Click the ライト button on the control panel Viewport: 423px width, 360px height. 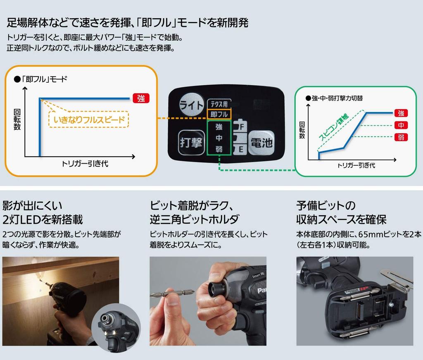[191, 105]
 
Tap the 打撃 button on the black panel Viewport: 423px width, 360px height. [191, 143]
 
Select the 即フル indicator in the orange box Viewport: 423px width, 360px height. [219, 114]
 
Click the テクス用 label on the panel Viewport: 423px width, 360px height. [219, 105]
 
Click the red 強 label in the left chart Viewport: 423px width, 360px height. [141, 98]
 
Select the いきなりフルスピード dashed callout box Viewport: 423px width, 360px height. [89, 120]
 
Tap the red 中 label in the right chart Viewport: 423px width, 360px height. [401, 125]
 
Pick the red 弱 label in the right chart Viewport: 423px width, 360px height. [401, 137]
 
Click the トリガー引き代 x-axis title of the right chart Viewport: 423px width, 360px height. [356, 165]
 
